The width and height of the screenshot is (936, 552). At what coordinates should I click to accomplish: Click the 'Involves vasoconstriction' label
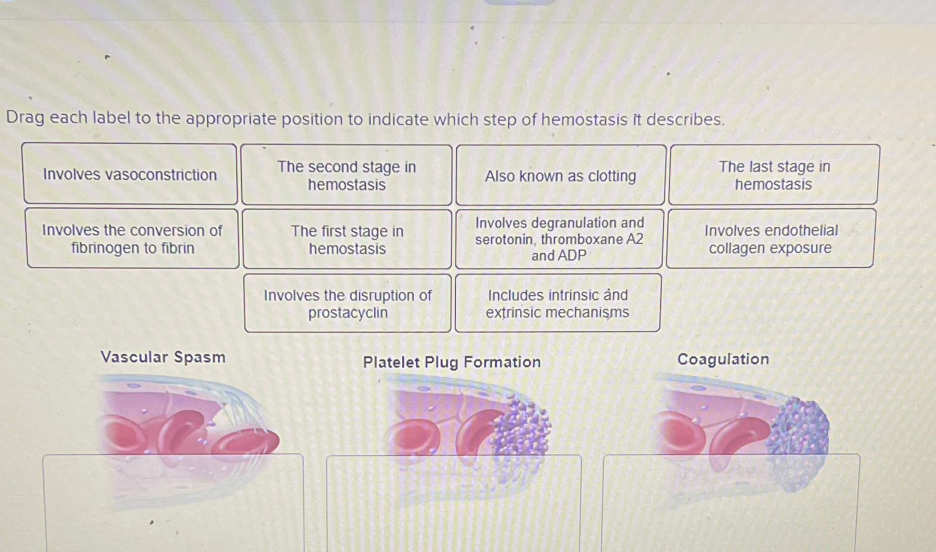(130, 175)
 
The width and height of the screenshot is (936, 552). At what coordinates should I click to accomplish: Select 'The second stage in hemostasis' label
(347, 175)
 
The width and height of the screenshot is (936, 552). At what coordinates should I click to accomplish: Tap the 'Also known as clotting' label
(560, 176)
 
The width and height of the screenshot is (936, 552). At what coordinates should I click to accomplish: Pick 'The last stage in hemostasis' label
(773, 175)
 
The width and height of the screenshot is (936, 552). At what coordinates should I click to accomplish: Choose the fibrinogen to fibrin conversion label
(132, 239)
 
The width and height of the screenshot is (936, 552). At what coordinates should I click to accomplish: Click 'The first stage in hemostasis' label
(347, 239)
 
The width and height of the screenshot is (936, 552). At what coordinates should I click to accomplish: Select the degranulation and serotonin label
(559, 239)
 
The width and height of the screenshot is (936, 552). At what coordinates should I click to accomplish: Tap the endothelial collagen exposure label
(771, 239)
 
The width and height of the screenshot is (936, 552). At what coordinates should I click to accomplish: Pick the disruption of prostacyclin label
(348, 304)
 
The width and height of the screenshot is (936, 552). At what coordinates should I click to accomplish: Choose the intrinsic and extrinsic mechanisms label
(558, 304)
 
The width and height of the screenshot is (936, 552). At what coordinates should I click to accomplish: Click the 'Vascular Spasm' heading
(163, 357)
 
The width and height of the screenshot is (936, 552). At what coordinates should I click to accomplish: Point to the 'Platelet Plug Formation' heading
(451, 362)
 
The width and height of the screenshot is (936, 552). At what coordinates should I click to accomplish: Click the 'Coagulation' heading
(723, 359)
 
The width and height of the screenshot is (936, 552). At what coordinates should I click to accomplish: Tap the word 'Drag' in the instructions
(25, 118)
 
